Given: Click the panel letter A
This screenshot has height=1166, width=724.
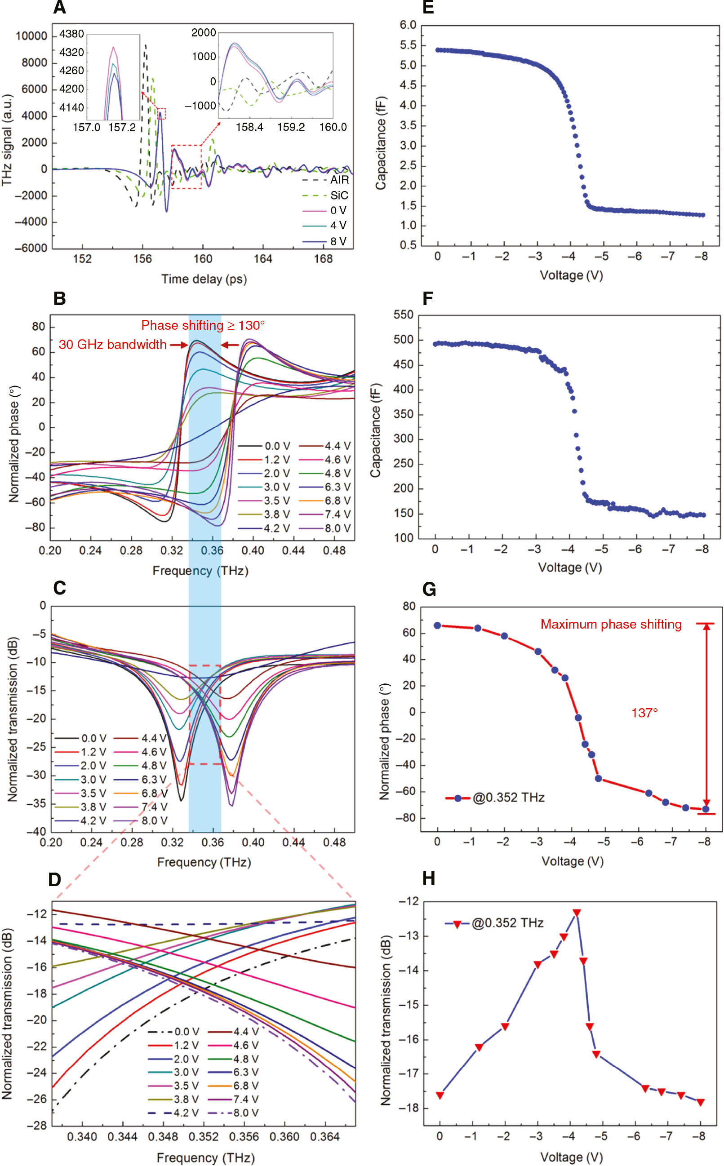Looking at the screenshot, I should [59, 8].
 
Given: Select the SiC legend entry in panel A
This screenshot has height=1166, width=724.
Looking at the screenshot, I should [339, 195].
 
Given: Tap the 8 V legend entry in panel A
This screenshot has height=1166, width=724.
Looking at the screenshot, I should [338, 241].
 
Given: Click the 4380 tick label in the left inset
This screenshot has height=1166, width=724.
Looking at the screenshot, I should [71, 34].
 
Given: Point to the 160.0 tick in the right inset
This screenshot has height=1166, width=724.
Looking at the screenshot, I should [333, 127].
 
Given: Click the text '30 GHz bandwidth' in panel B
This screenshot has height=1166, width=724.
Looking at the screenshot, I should [112, 345].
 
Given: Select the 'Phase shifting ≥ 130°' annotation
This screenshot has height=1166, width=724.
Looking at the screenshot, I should [203, 325].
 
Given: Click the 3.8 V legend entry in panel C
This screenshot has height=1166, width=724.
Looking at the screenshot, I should [93, 807].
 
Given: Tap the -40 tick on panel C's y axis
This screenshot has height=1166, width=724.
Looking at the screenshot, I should [37, 831].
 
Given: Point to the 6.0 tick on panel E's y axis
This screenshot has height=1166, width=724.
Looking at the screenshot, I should [408, 25].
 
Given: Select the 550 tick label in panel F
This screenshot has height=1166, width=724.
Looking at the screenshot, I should [403, 315].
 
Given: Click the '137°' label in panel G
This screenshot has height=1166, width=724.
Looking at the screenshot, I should [644, 713].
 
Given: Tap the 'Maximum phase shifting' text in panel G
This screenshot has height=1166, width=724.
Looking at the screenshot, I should [611, 624].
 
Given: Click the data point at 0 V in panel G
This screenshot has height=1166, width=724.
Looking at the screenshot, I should [437, 625].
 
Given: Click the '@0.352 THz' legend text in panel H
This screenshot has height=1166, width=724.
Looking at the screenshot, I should [507, 923].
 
